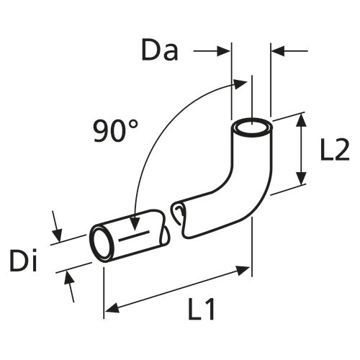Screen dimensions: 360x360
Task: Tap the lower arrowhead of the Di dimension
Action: pos(69,277)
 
